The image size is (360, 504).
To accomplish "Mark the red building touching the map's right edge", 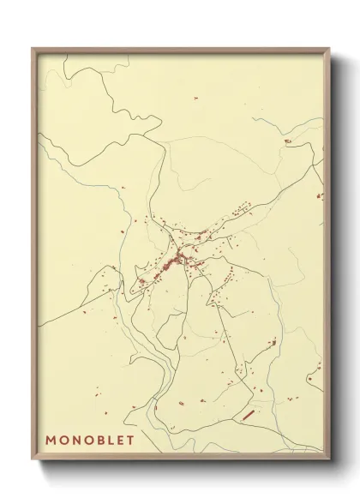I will (x=321, y=196).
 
